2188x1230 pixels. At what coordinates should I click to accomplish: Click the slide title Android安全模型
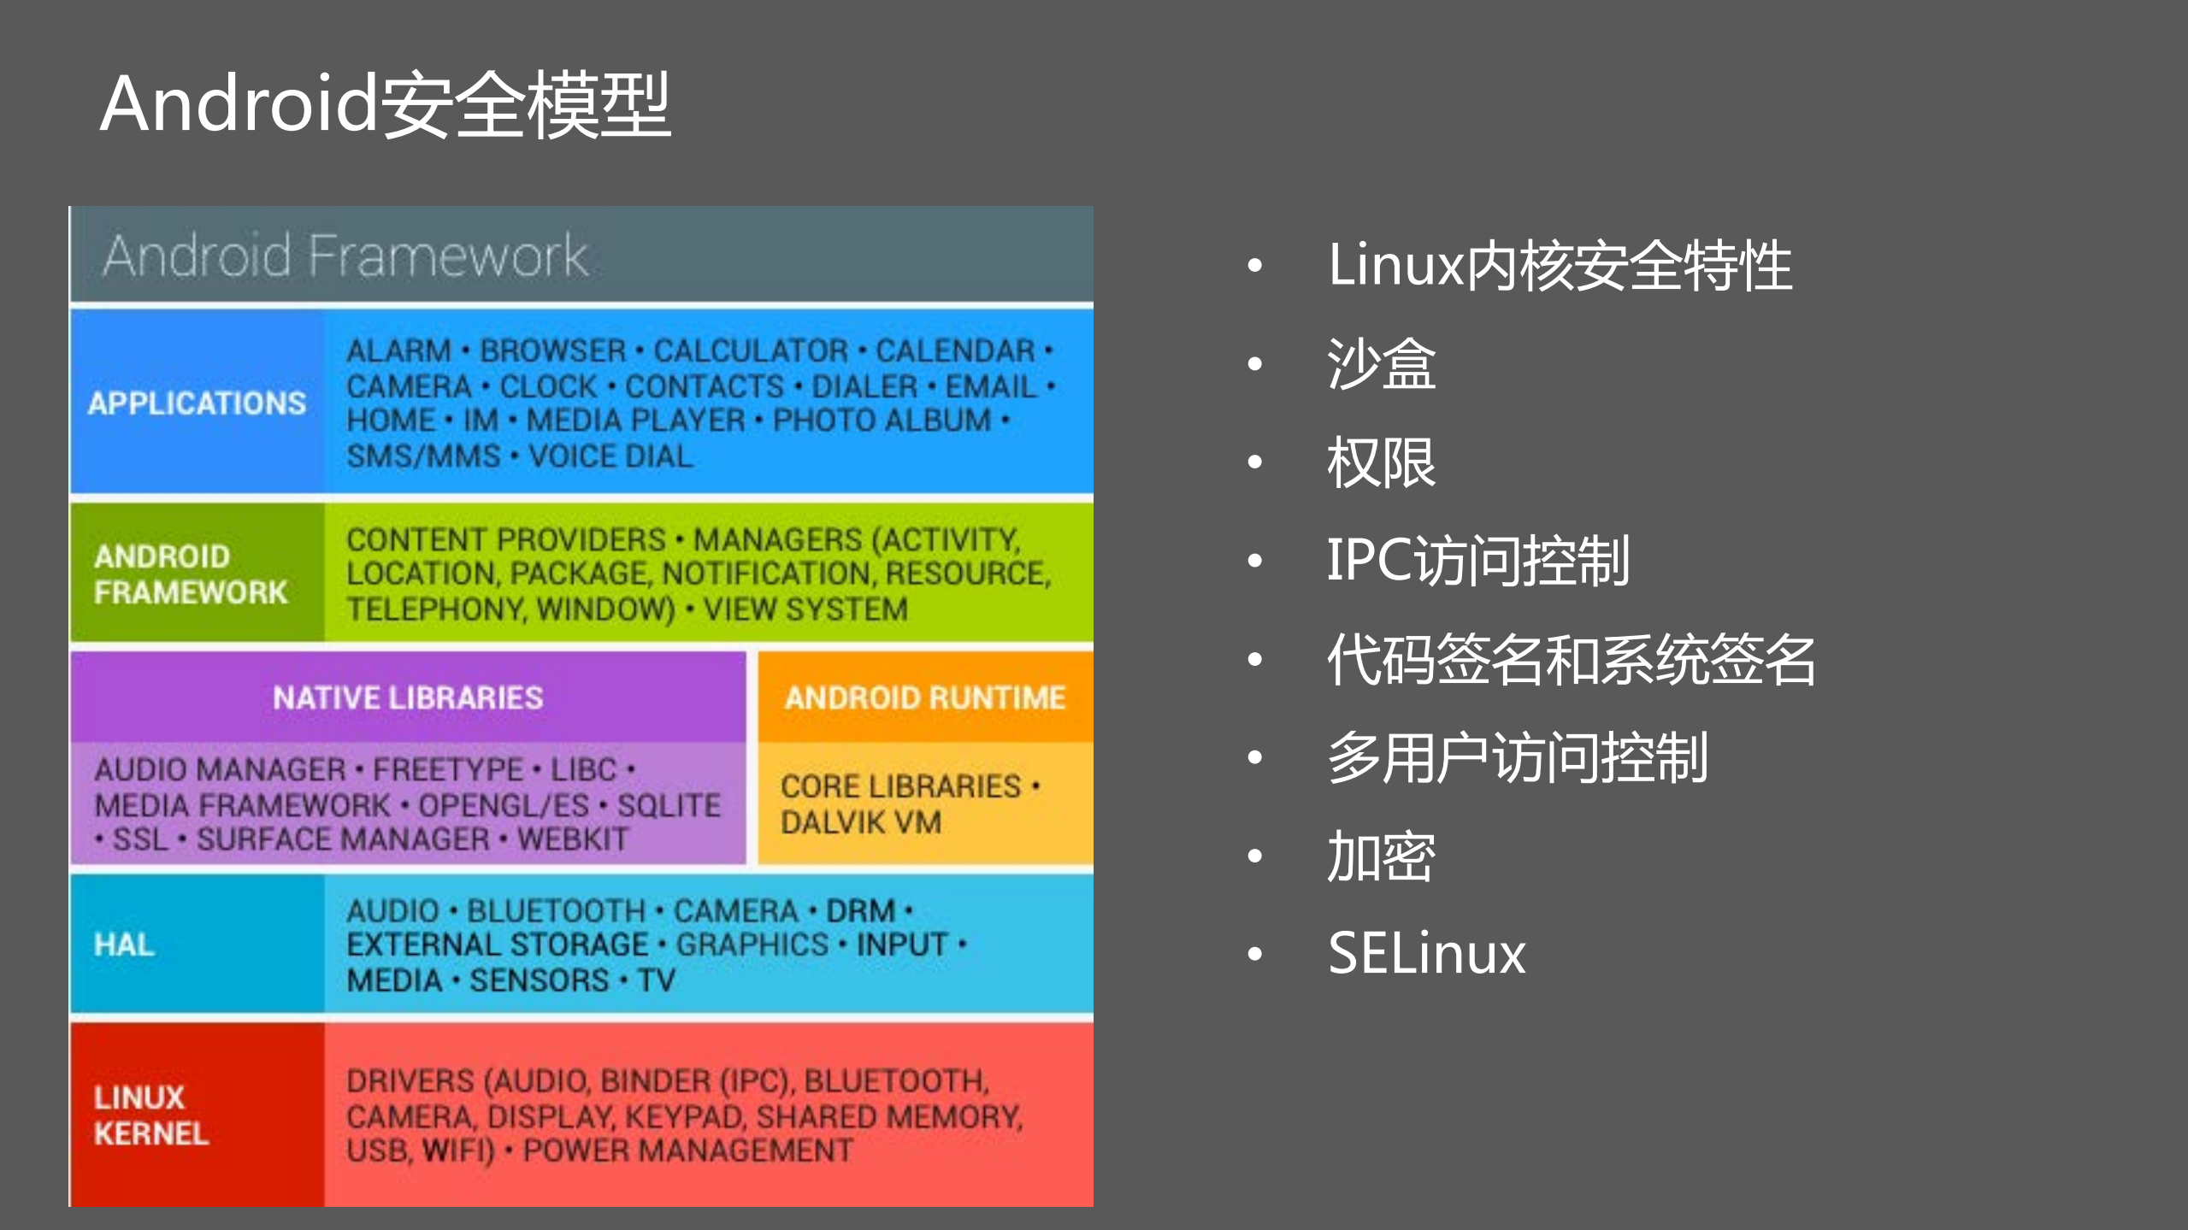click(385, 104)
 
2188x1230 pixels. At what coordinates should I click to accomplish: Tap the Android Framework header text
click(345, 256)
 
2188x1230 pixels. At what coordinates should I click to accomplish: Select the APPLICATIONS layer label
click(197, 403)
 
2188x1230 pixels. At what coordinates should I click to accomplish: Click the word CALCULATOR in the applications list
click(751, 350)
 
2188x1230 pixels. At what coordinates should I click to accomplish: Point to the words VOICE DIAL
click(610, 456)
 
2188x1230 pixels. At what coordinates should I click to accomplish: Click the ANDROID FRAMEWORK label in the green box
click(190, 574)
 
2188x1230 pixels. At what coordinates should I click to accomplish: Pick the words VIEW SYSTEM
click(805, 609)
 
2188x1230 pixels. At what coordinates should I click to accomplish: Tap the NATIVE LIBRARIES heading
click(408, 697)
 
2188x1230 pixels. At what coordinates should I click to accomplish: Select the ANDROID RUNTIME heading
click(925, 697)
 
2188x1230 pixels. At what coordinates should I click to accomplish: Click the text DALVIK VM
click(860, 822)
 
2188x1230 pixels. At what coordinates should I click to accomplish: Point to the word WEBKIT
click(573, 839)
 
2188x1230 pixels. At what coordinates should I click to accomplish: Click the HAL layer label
click(125, 945)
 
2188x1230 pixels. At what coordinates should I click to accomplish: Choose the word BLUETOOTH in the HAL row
click(557, 910)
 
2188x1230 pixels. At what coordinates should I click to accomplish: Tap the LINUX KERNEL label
click(150, 1115)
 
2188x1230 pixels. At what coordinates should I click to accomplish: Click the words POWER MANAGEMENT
click(688, 1151)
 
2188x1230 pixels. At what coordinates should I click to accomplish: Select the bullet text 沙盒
click(1381, 363)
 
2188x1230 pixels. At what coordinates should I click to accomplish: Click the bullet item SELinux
click(1426, 953)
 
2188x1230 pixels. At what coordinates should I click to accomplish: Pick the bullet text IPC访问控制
click(1477, 561)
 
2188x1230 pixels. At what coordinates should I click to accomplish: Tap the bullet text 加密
click(1381, 856)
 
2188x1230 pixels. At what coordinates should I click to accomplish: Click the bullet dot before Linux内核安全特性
click(1254, 265)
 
